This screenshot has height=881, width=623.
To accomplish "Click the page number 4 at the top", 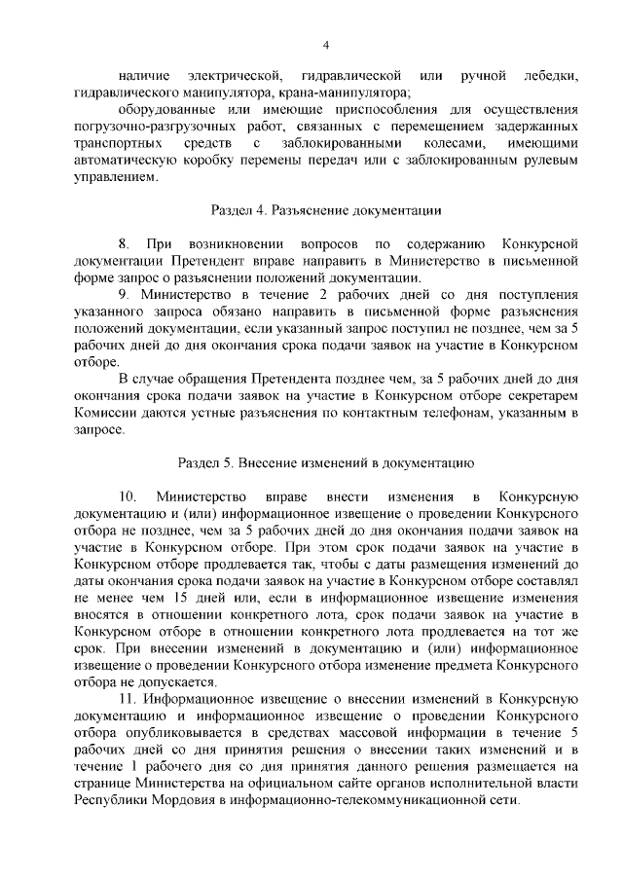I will point(327,45).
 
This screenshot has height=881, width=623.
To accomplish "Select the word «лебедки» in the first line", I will point(551,77).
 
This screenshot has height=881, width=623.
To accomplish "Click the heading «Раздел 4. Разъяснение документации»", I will point(327,209).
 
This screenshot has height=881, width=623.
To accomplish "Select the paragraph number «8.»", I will point(125,242).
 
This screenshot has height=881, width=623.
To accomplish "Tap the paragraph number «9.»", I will point(125,293).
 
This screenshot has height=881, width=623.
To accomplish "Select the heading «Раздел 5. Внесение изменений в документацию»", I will point(327,461).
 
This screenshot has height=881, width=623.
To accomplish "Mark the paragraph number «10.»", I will point(129,496).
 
